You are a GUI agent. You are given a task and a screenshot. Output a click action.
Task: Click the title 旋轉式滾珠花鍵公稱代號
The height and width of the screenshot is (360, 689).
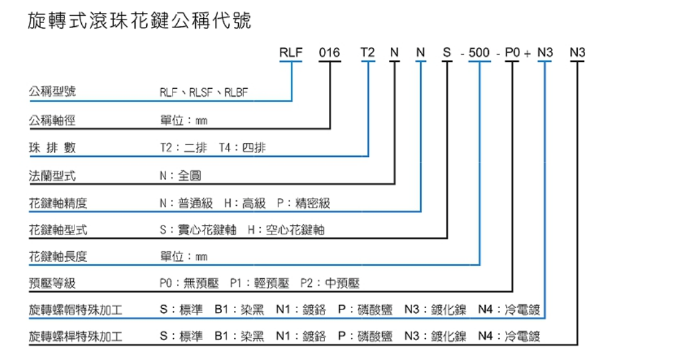139,22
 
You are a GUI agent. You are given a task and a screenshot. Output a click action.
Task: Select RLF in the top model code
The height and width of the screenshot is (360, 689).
291,53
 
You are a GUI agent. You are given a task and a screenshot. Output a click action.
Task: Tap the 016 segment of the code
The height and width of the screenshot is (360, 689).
329,53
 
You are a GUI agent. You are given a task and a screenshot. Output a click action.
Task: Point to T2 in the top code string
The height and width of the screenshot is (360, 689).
368,53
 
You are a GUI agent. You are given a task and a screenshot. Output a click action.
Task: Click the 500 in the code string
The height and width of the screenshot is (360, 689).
479,53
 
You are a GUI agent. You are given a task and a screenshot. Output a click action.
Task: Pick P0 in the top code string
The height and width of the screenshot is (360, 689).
513,53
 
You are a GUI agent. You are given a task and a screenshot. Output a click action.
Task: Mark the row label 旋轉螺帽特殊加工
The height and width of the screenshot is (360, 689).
76,310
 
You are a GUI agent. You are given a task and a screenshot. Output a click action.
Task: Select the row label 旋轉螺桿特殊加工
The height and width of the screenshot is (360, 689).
76,337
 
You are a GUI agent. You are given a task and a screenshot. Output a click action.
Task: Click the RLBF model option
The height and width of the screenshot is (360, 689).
237,93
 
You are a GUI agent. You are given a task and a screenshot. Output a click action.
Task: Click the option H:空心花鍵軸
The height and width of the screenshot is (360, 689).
286,230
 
